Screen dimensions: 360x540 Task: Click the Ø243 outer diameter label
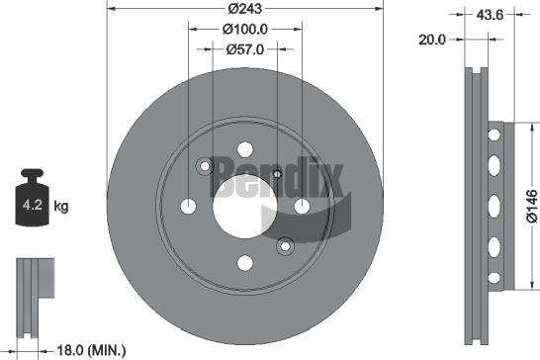(244, 8)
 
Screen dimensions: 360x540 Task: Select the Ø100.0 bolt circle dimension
(244, 31)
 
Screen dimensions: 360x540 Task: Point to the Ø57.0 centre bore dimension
(244, 49)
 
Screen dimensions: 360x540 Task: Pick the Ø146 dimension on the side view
(529, 205)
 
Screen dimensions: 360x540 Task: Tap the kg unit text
(61, 207)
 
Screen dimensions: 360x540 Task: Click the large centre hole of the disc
(244, 206)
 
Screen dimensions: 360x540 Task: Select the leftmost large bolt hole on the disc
(189, 207)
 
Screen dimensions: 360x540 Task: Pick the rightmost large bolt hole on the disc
(301, 206)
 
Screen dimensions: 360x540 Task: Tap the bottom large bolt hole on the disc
(244, 263)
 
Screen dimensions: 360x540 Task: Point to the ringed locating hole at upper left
(205, 166)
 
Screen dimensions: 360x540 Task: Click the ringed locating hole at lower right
(285, 245)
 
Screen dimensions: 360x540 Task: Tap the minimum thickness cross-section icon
(31, 283)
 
